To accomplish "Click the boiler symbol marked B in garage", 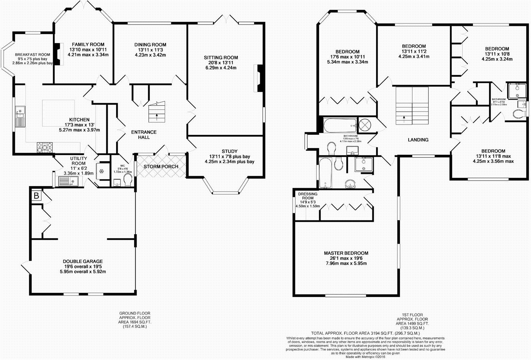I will point(36,196).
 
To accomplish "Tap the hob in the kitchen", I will point(44,147).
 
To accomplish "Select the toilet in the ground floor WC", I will point(128,181).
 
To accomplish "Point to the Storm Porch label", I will point(161,166).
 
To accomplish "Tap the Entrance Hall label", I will point(144,135).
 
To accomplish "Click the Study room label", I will point(230,151).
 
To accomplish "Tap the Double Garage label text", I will point(83,261).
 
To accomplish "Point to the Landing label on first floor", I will point(418,140).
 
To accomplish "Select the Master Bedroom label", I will point(346,253).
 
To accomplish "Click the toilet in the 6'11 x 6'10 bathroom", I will point(519,113).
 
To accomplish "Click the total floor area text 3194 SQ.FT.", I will point(365,333).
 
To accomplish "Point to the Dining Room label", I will point(150,45).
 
